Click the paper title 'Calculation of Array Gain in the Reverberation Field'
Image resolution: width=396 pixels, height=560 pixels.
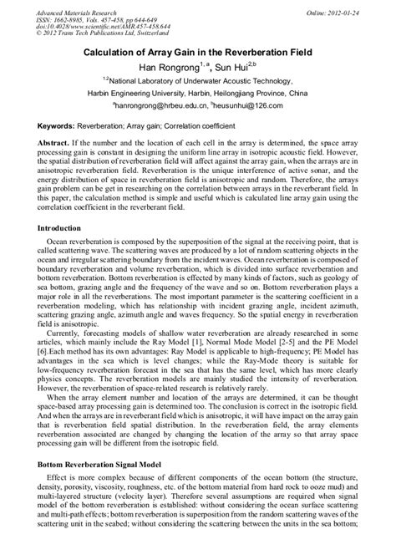[198, 52]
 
